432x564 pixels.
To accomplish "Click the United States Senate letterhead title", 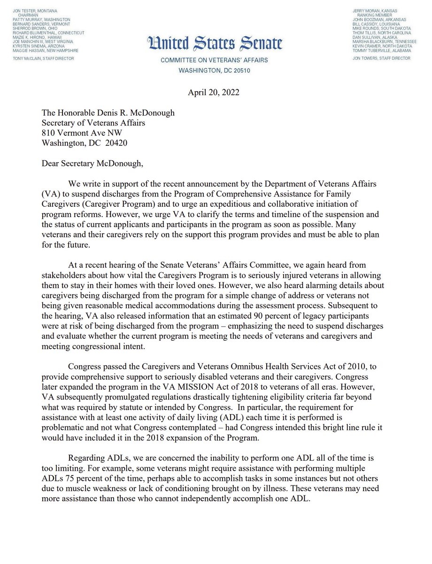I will click(x=216, y=44).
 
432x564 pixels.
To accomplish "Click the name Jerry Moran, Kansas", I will click(x=376, y=10).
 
